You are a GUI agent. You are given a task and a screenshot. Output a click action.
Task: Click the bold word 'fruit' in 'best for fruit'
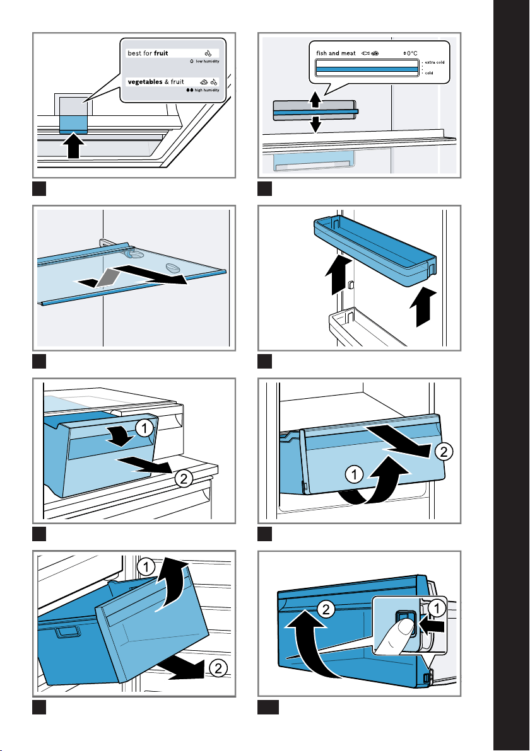[161, 53]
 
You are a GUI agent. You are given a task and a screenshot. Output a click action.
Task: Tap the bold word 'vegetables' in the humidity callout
[145, 82]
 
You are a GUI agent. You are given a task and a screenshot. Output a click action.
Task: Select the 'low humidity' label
[207, 61]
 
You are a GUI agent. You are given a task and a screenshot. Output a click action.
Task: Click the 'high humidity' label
[207, 90]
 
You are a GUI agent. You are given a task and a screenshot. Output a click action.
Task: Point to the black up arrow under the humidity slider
[73, 145]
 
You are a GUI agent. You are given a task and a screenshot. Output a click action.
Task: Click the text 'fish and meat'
[336, 53]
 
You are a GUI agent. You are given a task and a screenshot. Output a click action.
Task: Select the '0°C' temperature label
[411, 53]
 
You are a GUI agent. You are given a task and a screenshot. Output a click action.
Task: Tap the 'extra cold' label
[435, 62]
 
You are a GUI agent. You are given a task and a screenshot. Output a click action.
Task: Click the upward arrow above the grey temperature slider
[315, 99]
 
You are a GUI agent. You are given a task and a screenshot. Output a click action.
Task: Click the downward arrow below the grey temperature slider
[315, 125]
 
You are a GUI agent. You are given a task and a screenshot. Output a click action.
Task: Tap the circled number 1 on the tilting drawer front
[144, 428]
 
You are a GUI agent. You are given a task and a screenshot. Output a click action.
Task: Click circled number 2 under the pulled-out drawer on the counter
[184, 478]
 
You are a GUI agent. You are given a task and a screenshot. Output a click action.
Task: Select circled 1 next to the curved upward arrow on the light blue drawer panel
[354, 474]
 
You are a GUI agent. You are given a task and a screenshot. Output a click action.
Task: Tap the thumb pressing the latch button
[395, 638]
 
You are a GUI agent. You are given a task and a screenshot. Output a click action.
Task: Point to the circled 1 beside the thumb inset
[437, 609]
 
